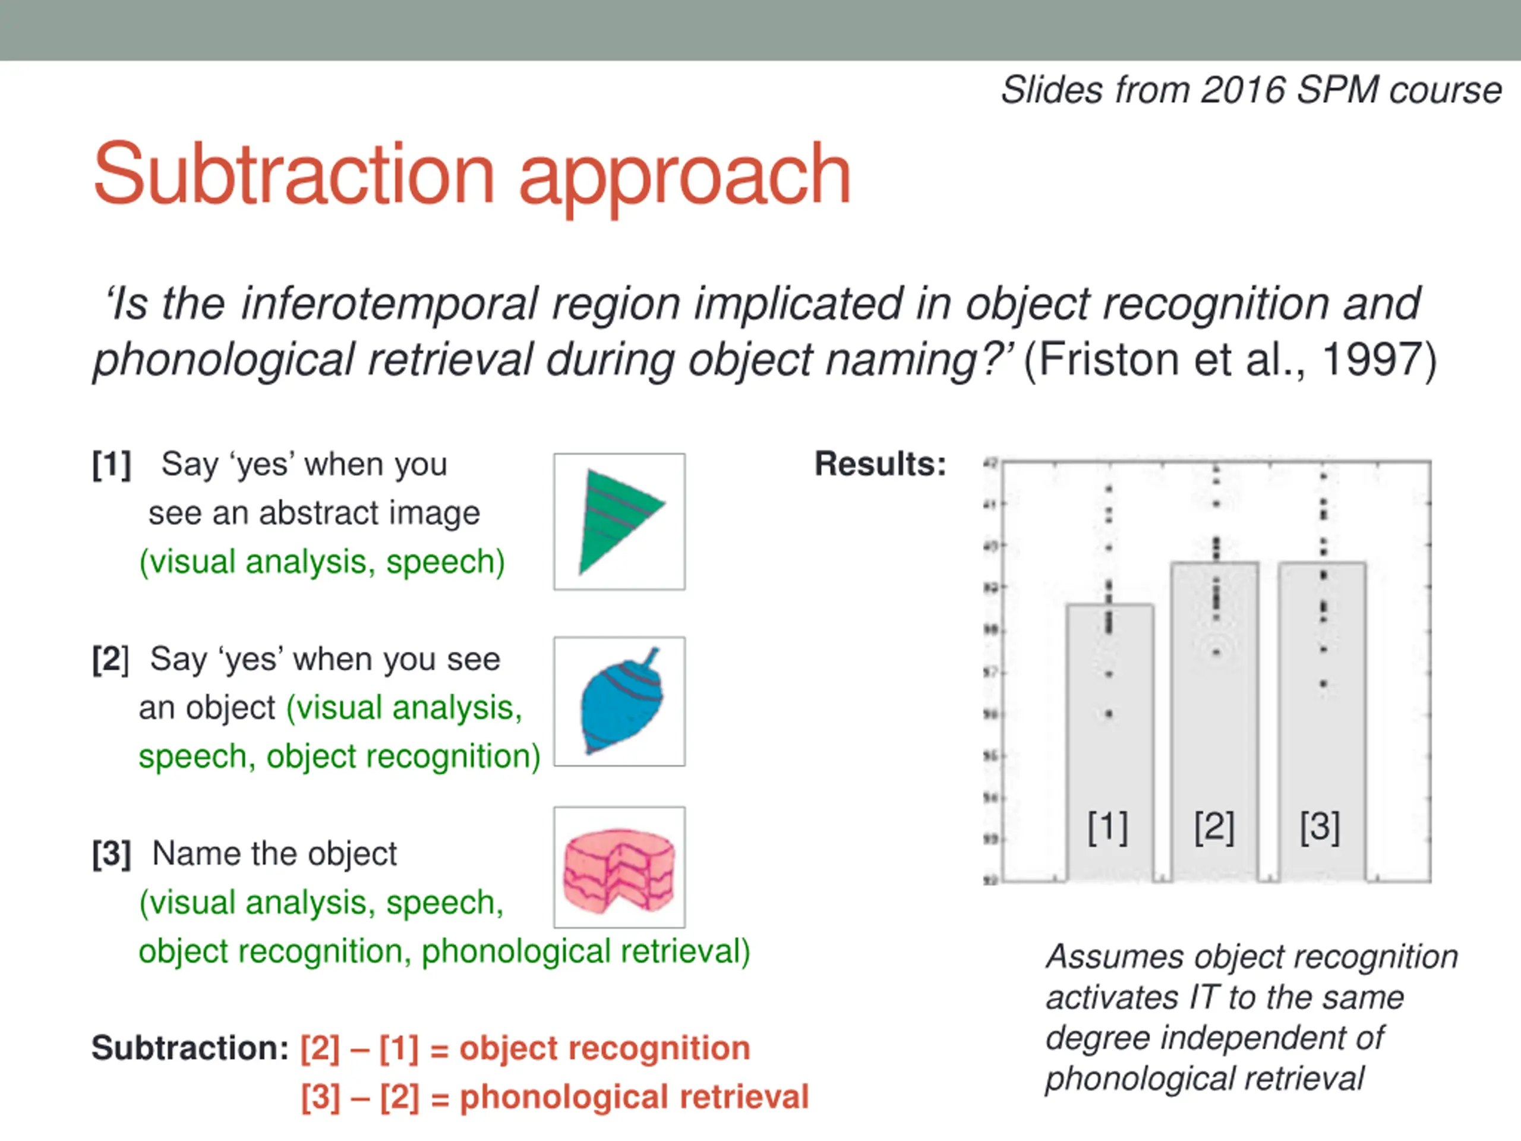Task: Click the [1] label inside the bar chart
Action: tap(1107, 827)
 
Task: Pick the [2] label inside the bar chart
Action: tap(1214, 827)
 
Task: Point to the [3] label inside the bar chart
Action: tap(1320, 827)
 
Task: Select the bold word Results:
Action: tap(880, 464)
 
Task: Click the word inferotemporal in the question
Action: tap(389, 304)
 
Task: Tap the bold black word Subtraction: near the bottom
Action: tap(190, 1048)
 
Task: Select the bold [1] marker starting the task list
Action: tap(111, 465)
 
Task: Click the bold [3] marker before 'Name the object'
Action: tap(111, 854)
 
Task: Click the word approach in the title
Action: tap(685, 175)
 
